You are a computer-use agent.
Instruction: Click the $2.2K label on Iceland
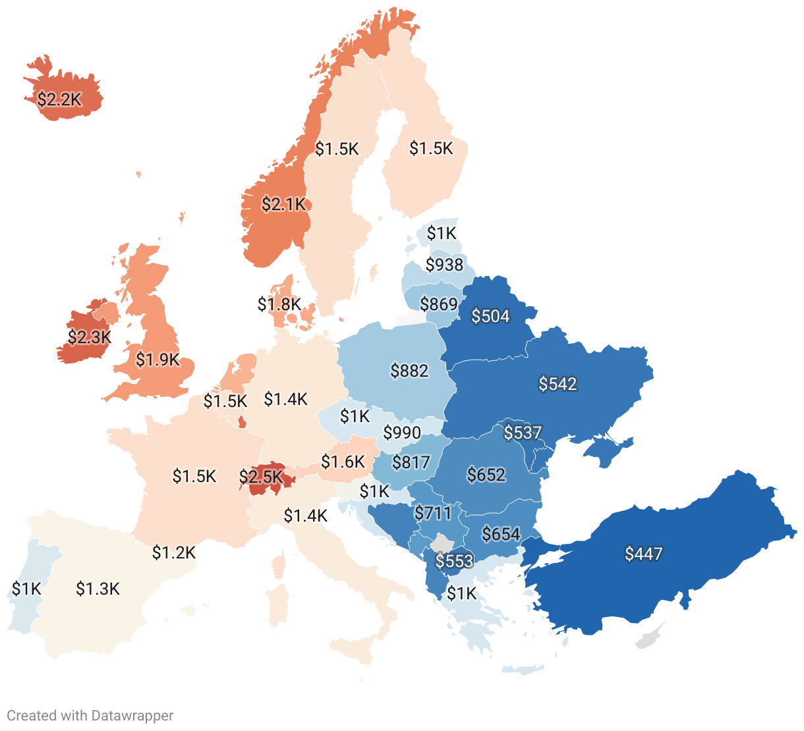tap(59, 99)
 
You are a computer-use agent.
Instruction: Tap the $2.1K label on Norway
tap(284, 205)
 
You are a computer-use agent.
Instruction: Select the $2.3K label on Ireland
tap(90, 337)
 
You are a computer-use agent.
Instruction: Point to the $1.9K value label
tap(158, 360)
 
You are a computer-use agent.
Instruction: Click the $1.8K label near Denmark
tap(279, 304)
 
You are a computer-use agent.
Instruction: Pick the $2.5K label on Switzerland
tap(261, 476)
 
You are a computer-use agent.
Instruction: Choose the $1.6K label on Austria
tap(343, 462)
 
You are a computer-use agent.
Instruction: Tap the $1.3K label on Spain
tap(98, 589)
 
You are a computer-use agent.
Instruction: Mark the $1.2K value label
tap(174, 553)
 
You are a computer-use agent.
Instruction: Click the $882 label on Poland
tap(409, 371)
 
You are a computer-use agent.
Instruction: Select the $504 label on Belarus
tap(491, 317)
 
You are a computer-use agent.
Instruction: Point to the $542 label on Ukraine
tap(558, 384)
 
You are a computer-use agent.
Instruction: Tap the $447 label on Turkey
tap(643, 554)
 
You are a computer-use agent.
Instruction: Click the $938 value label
tap(444, 265)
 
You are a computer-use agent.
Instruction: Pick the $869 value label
tap(439, 304)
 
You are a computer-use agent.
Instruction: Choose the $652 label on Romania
tap(486, 475)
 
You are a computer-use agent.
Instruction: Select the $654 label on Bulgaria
tap(501, 534)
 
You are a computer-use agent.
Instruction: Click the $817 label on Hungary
tap(411, 462)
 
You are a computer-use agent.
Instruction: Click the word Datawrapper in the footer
tap(132, 716)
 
